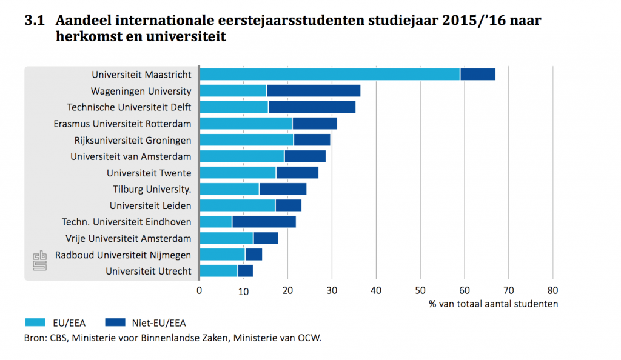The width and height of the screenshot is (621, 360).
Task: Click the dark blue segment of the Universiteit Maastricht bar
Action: (478, 75)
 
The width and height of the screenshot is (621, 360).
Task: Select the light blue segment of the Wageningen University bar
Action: (233, 91)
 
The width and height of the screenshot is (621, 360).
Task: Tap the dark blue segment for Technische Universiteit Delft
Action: (312, 107)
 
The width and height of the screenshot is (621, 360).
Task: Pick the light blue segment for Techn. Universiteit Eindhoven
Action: (216, 222)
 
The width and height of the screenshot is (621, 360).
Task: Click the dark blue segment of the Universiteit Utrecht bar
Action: (246, 271)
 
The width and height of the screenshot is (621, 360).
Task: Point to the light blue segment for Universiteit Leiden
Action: (237, 205)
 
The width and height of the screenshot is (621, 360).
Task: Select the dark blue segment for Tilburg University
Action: (283, 189)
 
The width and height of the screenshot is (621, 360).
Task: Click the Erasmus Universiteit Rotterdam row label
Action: (127, 124)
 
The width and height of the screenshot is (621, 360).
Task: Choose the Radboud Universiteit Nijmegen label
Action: (123, 255)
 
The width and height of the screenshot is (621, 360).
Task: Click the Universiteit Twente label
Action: (149, 173)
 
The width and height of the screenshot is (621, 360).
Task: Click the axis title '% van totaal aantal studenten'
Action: (492, 304)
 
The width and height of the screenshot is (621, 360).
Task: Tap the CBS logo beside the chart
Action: (39, 261)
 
